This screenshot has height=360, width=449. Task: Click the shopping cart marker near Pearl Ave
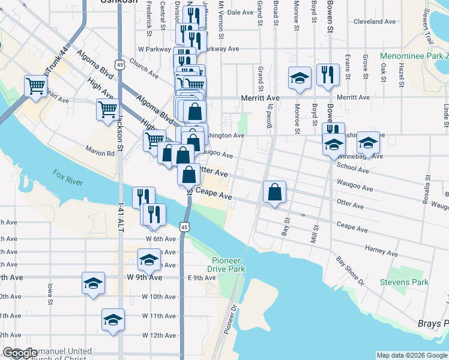pyautogui.click(x=36, y=86)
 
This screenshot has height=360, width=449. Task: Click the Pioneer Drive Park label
pyautogui.click(x=229, y=265)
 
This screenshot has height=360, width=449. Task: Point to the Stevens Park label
pyautogui.click(x=404, y=281)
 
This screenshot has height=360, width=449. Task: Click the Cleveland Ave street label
pyautogui.click(x=375, y=21)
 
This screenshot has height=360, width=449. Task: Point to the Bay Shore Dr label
pyautogui.click(x=349, y=271)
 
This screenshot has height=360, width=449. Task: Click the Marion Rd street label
pyautogui.click(x=100, y=153)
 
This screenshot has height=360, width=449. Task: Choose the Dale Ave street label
pyautogui.click(x=241, y=12)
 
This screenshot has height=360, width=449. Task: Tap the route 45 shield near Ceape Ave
pyautogui.click(x=185, y=226)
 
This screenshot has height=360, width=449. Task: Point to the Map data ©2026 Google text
pyautogui.click(x=412, y=355)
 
